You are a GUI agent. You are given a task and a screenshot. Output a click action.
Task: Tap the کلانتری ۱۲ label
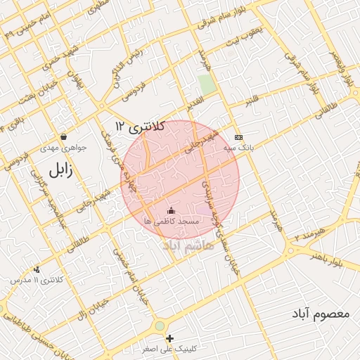click(x=140, y=127)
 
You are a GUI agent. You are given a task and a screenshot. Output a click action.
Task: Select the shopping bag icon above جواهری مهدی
click(x=64, y=136)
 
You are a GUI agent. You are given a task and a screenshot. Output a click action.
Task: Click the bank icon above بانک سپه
click(x=238, y=136)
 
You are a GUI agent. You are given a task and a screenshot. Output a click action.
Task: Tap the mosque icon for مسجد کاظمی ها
click(x=171, y=210)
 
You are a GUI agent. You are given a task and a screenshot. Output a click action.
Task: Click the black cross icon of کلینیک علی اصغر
click(x=169, y=338)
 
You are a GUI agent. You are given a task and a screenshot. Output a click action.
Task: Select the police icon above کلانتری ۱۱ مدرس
click(x=37, y=269)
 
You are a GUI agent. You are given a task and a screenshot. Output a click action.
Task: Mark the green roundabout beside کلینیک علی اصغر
click(x=160, y=326)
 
